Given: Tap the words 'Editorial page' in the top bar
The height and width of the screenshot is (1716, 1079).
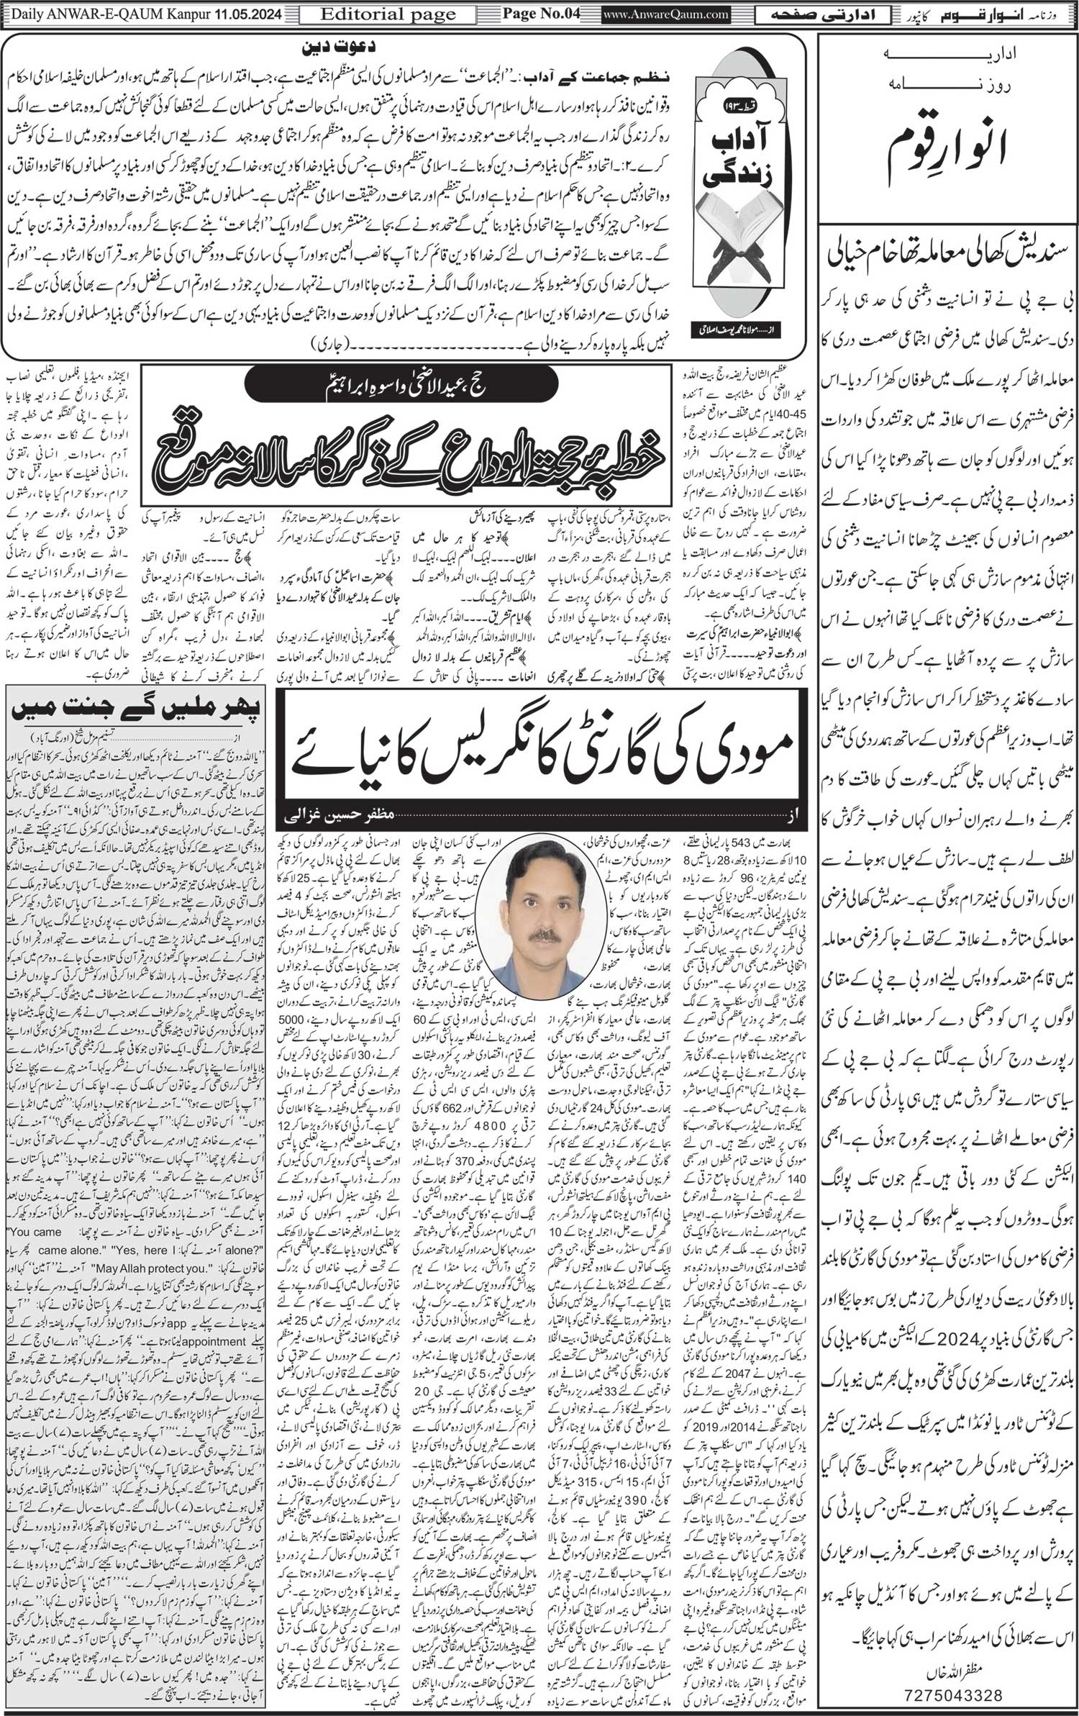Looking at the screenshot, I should [x=388, y=14].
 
